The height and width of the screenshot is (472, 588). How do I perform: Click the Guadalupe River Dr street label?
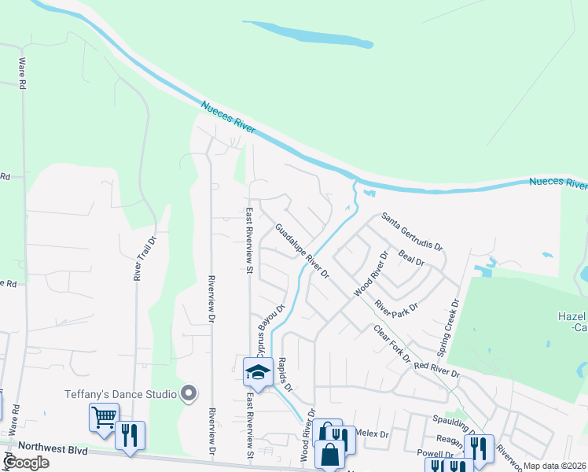click(x=302, y=253)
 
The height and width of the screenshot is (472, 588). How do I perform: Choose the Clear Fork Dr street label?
click(x=391, y=344)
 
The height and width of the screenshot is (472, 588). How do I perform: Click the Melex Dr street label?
click(x=373, y=433)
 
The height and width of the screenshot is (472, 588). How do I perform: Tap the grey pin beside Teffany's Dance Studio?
click(x=189, y=393)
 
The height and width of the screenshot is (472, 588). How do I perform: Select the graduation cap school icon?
click(x=258, y=371)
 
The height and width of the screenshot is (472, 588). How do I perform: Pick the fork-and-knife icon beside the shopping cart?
click(x=130, y=434)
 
